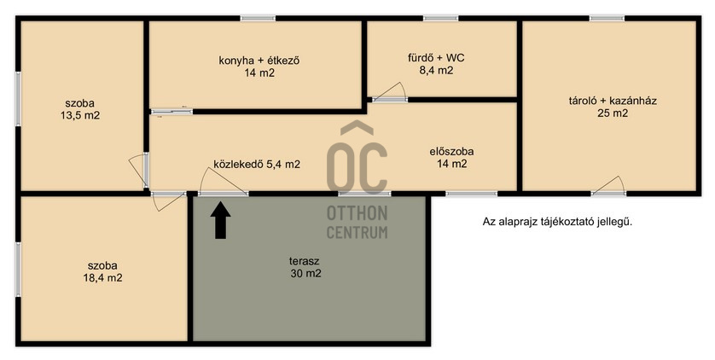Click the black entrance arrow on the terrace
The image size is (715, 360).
221,221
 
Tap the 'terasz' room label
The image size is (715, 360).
304,262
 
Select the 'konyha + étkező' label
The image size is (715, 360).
259,61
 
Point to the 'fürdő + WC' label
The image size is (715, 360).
436,58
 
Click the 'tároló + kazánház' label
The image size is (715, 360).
613,102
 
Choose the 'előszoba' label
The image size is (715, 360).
451,152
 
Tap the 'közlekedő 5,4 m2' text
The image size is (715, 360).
257,165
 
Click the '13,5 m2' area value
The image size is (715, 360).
80,115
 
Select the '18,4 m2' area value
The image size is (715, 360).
102,277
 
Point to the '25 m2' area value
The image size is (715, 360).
613,113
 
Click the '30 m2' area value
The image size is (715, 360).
305,274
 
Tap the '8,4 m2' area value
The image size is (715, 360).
436,71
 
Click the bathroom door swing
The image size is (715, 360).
390,91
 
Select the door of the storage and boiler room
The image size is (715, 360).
608,185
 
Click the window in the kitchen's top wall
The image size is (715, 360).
258,18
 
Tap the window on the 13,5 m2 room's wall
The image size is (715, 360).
18,99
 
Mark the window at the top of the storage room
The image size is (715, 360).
607,18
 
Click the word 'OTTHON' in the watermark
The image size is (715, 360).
357,213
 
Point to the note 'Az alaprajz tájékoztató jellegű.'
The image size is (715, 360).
558,223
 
